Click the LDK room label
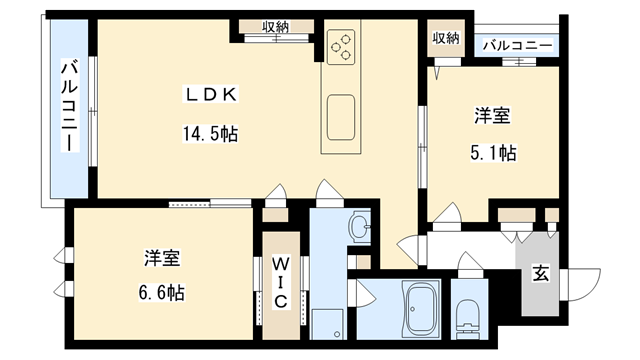(x=209, y=95)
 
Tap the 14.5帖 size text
(x=209, y=133)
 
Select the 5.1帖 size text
(x=492, y=154)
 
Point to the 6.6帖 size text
(x=161, y=295)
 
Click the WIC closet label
(x=281, y=282)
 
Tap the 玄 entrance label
(x=539, y=273)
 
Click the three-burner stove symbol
(x=341, y=45)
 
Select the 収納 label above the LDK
(x=276, y=27)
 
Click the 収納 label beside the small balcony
(x=446, y=38)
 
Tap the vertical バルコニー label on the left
(x=69, y=105)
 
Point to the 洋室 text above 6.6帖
(x=161, y=259)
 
